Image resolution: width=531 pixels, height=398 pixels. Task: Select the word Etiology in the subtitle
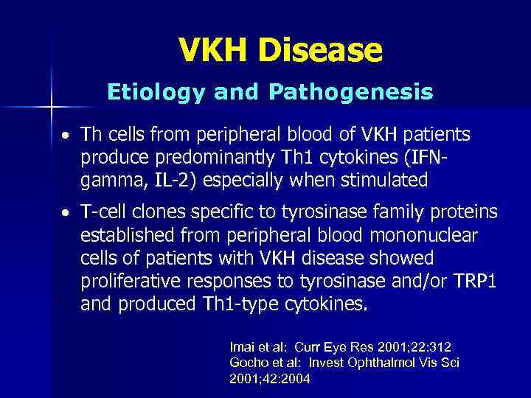tap(158, 92)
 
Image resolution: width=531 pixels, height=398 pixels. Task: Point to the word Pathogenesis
tap(351, 92)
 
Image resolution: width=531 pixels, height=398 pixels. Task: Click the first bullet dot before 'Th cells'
tap(66, 136)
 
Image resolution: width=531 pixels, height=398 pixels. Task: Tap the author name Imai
tap(243, 346)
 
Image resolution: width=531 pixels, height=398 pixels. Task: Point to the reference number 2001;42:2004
tap(270, 379)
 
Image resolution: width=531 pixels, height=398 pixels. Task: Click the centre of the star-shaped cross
tap(51, 108)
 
